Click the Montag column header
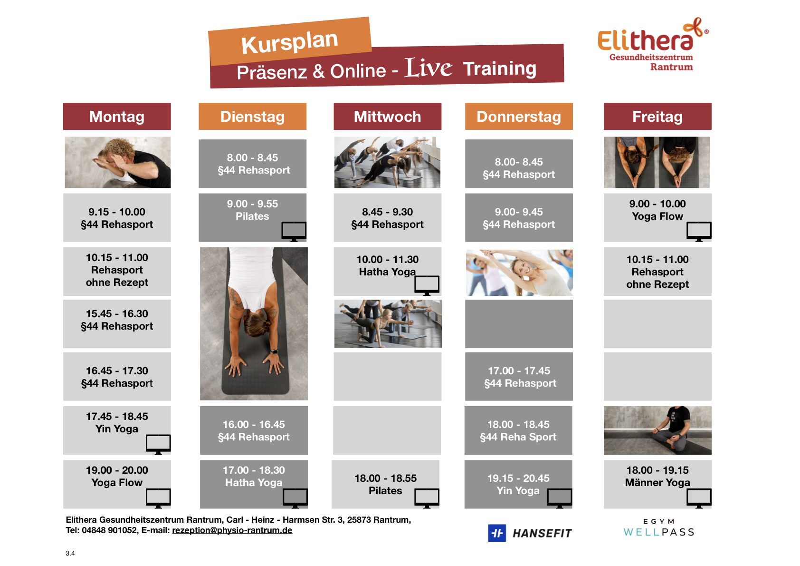coord(117,116)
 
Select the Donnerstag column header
coord(519,116)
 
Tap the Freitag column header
coord(657,116)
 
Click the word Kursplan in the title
coord(289,42)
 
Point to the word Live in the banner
coord(429,68)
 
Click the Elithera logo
coord(653,44)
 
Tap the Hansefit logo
coord(530,533)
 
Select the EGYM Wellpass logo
coord(659,528)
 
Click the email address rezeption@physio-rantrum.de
coord(232,530)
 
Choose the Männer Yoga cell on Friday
coord(657,484)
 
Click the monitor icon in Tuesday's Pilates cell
coord(294,231)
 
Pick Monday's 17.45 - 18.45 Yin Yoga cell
coord(117,430)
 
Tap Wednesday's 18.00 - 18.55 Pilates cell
coord(386,484)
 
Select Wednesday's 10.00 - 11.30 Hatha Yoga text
coord(388,266)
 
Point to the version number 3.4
coord(70,553)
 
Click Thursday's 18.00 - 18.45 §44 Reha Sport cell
coord(518,430)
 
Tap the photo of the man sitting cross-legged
coord(657,430)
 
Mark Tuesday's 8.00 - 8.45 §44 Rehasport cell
coord(253,164)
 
